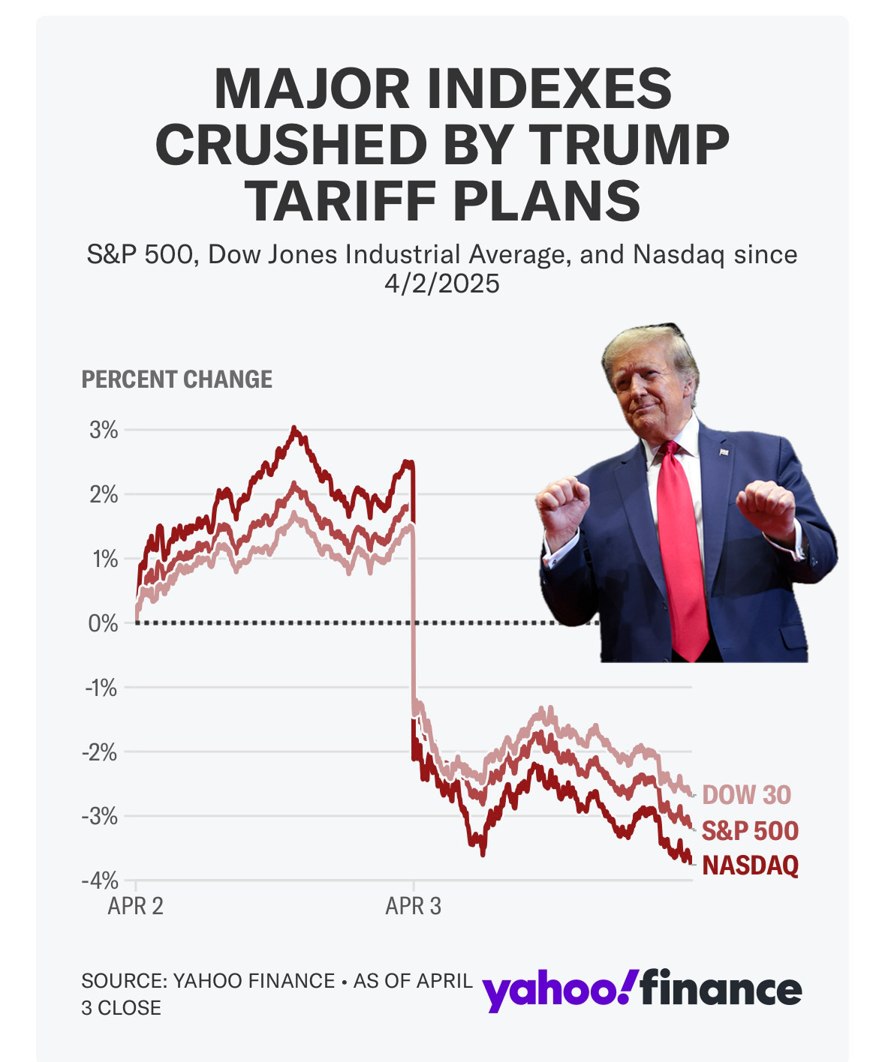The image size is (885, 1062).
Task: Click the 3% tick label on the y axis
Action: click(x=104, y=430)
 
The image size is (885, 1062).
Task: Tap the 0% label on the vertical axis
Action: click(x=103, y=623)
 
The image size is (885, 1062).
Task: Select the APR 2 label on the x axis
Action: click(x=135, y=906)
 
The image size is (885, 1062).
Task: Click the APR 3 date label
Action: click(x=413, y=906)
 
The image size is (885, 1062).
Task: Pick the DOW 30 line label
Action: click(x=746, y=794)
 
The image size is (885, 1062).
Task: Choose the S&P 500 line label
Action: click(x=750, y=830)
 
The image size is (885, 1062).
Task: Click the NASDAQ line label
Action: click(x=750, y=865)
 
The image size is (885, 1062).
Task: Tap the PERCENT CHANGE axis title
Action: click(x=176, y=379)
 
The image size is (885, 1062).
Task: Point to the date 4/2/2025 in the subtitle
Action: click(x=442, y=283)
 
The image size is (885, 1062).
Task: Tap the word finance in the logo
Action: click(x=721, y=987)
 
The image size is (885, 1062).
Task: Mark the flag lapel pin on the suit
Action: click(x=724, y=451)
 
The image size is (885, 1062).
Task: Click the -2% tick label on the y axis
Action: click(x=101, y=751)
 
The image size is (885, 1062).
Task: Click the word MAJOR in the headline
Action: click(x=312, y=88)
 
